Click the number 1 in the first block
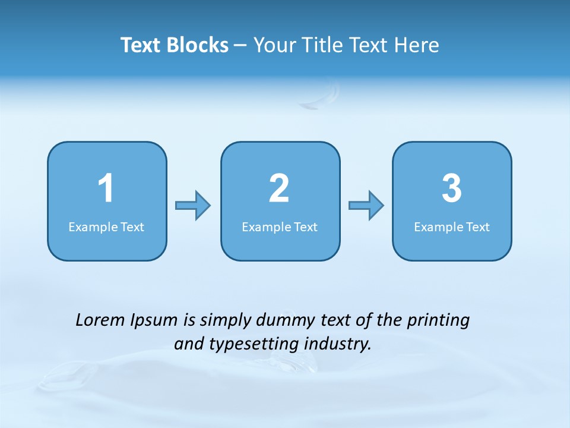(x=106, y=188)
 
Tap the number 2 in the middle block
(x=279, y=188)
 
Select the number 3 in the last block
(x=452, y=188)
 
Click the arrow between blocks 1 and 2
(x=193, y=206)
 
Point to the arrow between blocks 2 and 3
(x=366, y=206)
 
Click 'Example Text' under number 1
(x=106, y=227)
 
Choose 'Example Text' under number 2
(x=280, y=227)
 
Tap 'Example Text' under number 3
(x=452, y=227)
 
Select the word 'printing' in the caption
(x=438, y=321)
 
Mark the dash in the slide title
(x=240, y=46)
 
